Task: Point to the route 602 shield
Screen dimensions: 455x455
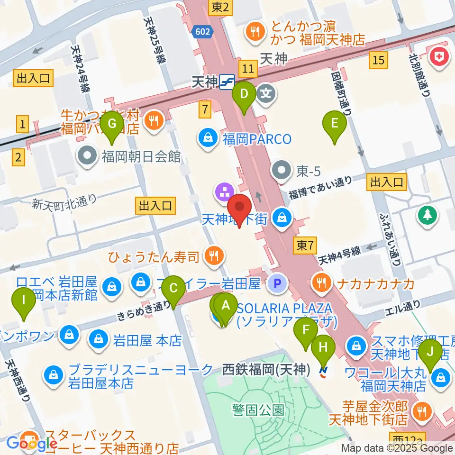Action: click(x=200, y=31)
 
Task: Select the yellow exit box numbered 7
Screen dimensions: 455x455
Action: click(x=205, y=109)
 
